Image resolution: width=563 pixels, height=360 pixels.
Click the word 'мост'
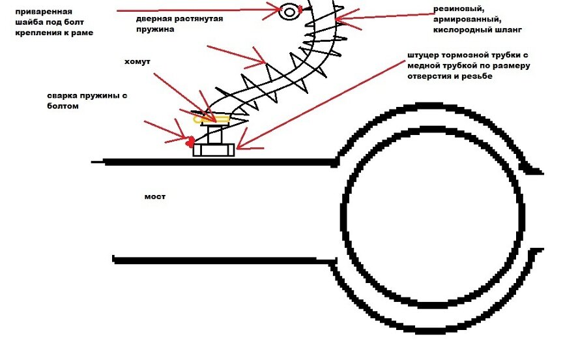[154, 196]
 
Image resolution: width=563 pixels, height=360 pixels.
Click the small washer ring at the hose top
[289, 11]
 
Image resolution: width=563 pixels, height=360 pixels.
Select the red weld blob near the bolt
[190, 140]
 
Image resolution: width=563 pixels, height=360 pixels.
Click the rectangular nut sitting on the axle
[213, 149]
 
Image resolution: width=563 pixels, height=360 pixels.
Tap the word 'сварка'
[61, 95]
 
